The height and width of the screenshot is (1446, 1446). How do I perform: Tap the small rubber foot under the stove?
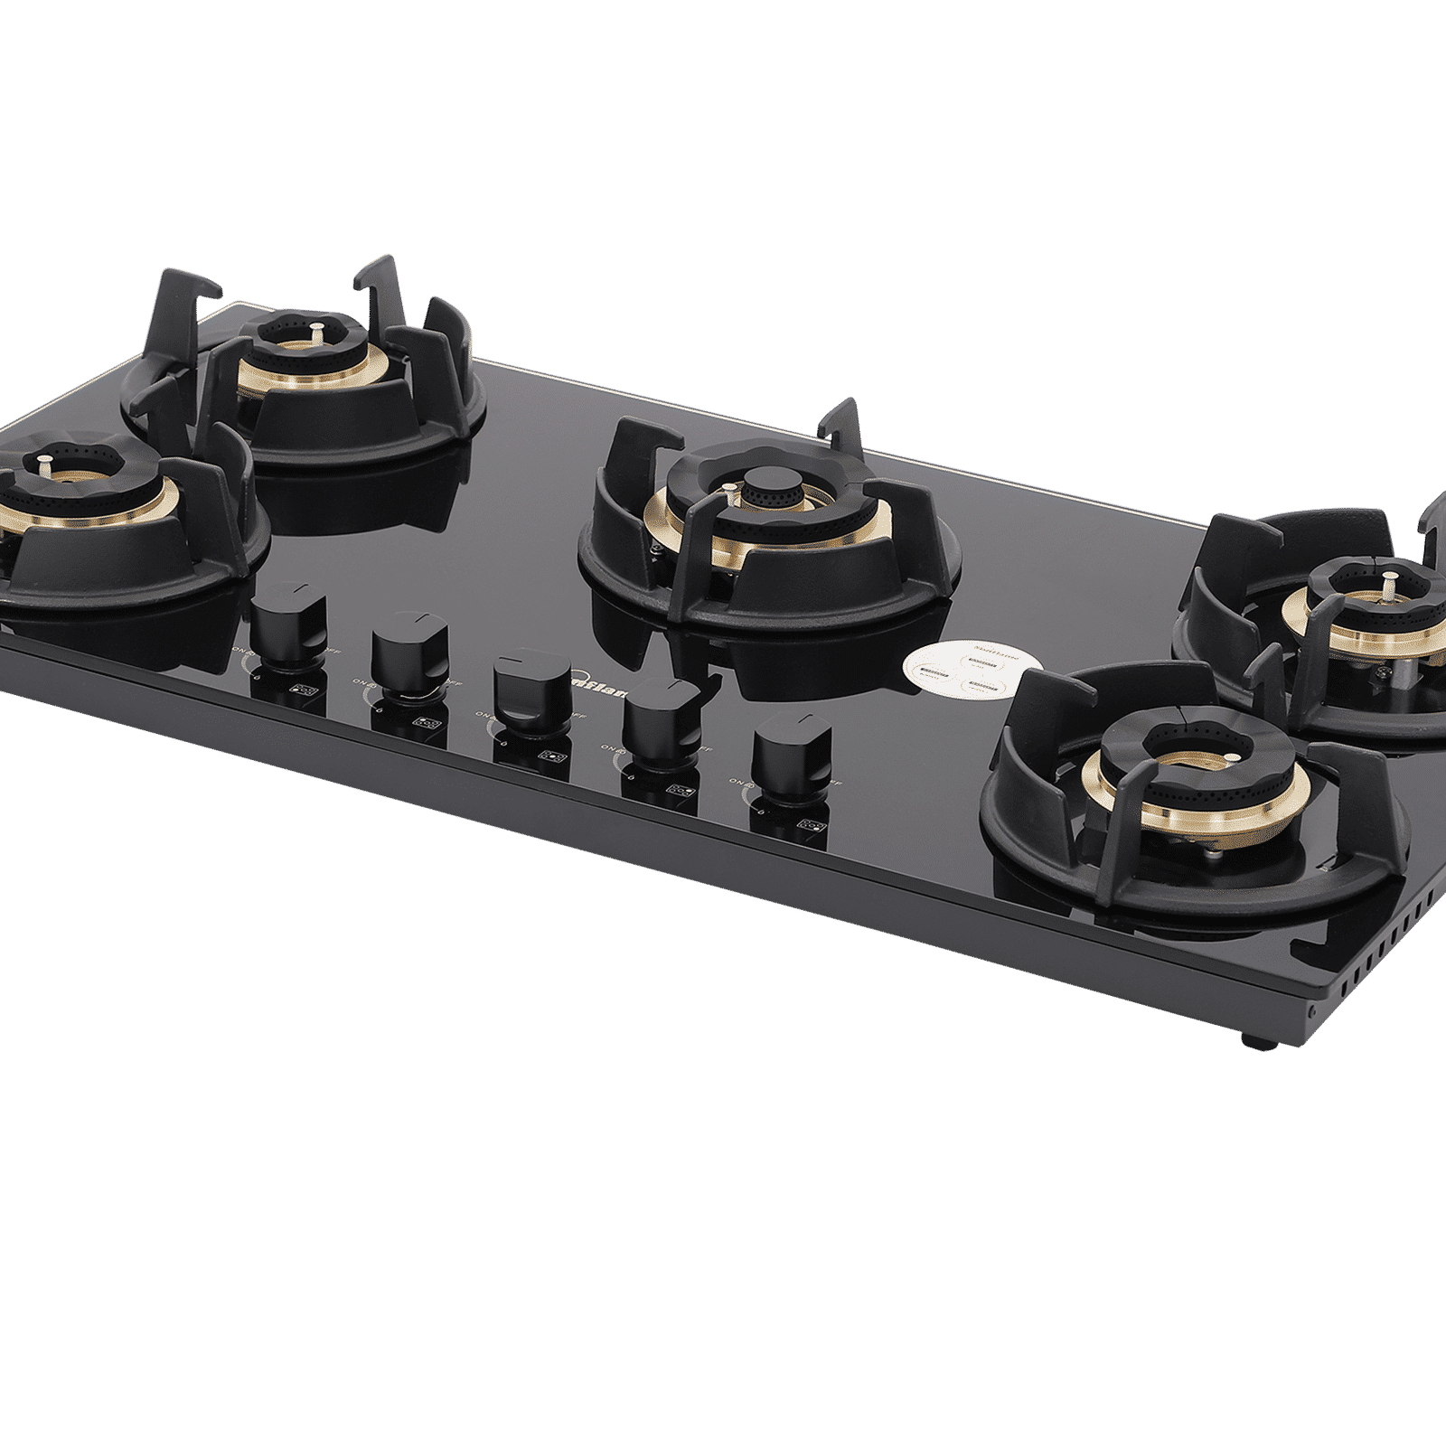coord(1258,1040)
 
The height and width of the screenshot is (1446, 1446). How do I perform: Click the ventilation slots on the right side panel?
coord(1383,940)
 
